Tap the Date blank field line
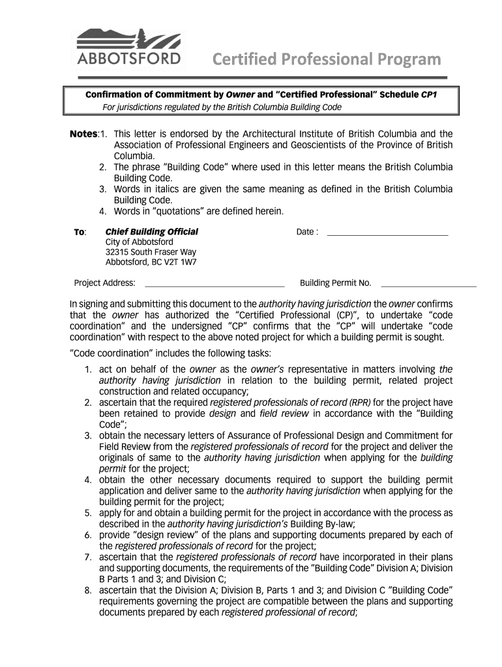point(387,233)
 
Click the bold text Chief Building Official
point(151,232)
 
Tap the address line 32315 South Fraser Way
point(151,252)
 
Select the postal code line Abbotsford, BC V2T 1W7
point(151,263)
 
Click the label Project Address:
point(104,283)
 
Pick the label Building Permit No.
point(335,283)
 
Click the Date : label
point(307,232)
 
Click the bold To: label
point(80,233)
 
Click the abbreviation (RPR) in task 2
point(360,403)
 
